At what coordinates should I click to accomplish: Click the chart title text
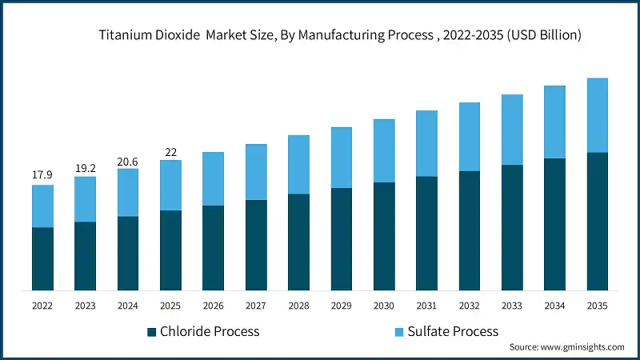(x=340, y=35)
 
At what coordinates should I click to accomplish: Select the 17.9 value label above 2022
(x=42, y=174)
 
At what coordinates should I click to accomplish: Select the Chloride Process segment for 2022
(x=42, y=258)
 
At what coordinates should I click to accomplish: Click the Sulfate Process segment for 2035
(x=598, y=115)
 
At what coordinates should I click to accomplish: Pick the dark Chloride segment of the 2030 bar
(x=384, y=236)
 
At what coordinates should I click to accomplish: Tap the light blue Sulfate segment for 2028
(x=298, y=165)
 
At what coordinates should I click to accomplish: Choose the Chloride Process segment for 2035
(x=598, y=221)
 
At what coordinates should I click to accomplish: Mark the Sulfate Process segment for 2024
(x=128, y=193)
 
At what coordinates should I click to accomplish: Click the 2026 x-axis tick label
(x=213, y=306)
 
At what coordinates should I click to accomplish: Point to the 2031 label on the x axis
(x=426, y=306)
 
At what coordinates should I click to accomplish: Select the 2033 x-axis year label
(x=512, y=306)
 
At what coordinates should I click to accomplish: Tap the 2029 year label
(x=341, y=306)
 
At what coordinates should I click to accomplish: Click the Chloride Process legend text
(x=210, y=331)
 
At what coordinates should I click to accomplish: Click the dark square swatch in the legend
(x=152, y=332)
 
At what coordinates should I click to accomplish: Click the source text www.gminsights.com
(x=566, y=347)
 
